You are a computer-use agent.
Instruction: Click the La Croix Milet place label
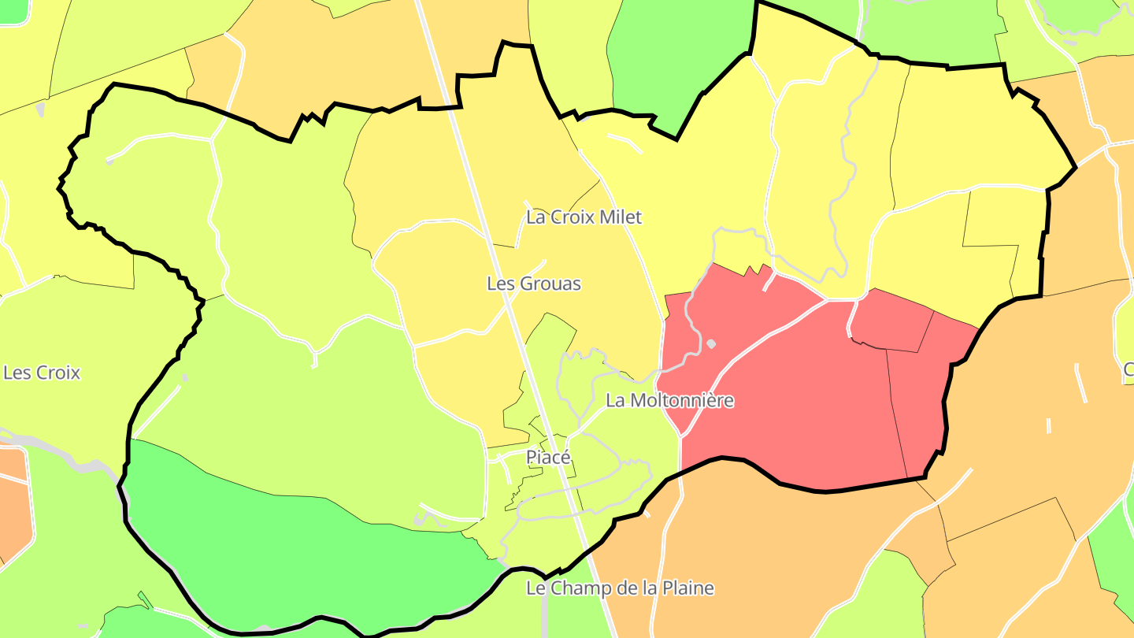pos(584,217)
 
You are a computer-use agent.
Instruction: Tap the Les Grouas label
pos(534,284)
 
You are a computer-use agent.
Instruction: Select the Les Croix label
pos(42,373)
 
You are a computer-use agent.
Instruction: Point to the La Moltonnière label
pos(669,400)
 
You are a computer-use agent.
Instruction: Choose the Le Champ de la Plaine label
pos(620,588)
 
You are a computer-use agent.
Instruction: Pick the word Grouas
pos(554,284)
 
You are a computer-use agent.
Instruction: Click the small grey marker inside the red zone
pos(711,343)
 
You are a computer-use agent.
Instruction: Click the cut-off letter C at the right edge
pos(1128,368)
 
